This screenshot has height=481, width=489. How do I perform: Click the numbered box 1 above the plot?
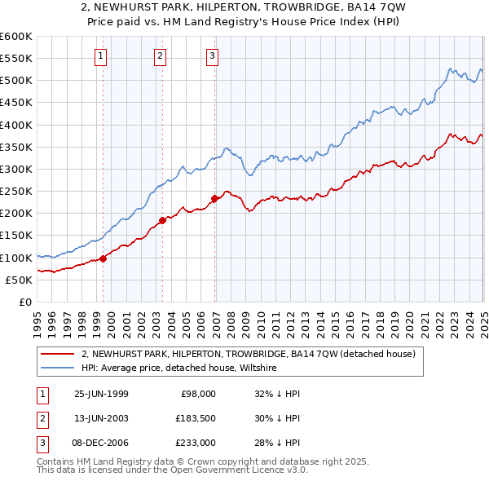click(x=100, y=56)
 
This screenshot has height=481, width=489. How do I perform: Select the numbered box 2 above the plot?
click(x=160, y=56)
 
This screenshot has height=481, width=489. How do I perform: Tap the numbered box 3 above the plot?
click(x=212, y=56)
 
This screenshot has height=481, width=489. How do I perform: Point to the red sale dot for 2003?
click(x=162, y=220)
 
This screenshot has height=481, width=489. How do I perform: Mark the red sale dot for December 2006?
click(x=214, y=198)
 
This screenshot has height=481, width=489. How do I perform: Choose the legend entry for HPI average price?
click(x=179, y=368)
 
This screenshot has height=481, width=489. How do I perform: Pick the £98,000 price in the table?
click(x=198, y=394)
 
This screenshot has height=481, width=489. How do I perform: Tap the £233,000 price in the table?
click(x=196, y=443)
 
